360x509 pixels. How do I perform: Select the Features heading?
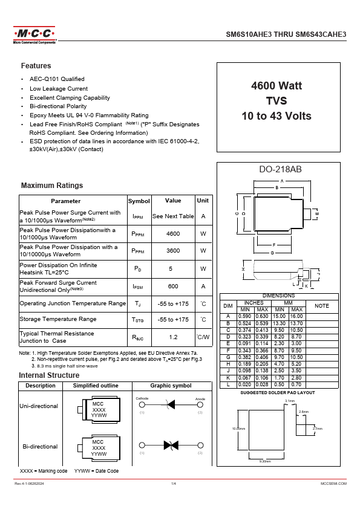click(36, 66)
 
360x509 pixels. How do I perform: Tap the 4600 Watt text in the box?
click(276, 86)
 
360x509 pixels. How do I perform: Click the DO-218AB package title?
click(276, 169)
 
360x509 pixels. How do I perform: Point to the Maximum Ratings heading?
click(52, 186)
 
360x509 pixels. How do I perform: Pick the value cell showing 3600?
click(173, 250)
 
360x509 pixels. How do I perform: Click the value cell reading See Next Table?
click(173, 216)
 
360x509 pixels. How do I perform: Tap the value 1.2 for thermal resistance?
click(173, 337)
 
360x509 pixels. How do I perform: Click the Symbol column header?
click(139, 201)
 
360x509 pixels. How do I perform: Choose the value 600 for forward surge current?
click(173, 286)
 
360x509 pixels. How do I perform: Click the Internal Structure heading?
click(49, 375)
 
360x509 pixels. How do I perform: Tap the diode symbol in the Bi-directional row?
click(170, 445)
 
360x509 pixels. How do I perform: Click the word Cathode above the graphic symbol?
click(142, 398)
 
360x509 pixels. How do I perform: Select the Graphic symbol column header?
click(171, 386)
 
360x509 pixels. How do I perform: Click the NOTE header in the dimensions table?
click(322, 306)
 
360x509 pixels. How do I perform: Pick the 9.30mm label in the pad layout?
click(264, 461)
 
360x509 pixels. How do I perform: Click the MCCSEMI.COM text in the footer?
click(333, 484)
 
